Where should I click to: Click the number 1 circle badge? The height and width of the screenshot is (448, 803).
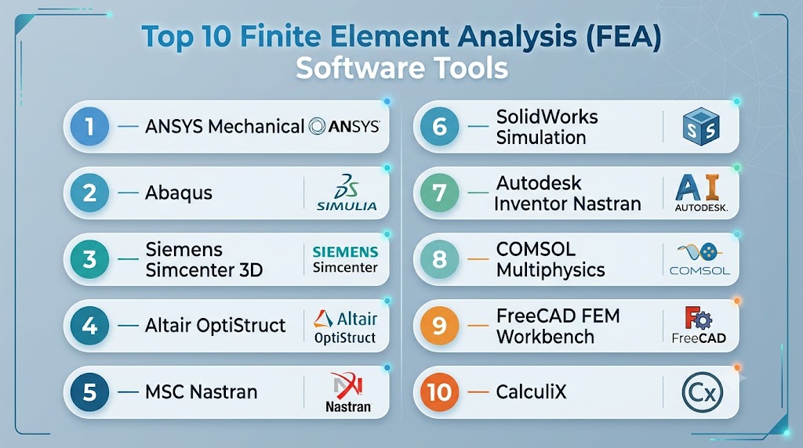pos(89,126)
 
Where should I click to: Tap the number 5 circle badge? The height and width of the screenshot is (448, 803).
pos(89,392)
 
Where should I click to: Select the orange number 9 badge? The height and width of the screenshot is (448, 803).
pos(439,326)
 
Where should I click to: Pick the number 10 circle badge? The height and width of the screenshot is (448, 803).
pos(439,392)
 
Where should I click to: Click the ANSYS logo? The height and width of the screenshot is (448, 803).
pos(344,126)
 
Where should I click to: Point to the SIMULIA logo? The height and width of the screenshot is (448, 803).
pos(347,193)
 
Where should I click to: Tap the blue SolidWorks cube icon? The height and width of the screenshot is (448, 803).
pos(701,126)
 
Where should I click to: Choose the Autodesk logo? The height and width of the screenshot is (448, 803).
pos(701,193)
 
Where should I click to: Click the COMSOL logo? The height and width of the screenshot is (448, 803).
pos(699,259)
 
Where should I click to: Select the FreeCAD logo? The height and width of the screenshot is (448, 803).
pos(699,325)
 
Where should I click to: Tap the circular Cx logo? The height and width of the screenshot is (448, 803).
pos(702,392)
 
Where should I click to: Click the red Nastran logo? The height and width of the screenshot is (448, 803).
pos(347,392)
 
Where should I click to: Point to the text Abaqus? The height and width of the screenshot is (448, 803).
pos(178,193)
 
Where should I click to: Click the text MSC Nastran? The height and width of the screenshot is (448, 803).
pos(202,392)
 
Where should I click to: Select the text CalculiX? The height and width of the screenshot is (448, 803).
pos(531,392)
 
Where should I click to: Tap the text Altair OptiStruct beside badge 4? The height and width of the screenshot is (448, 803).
pos(215,326)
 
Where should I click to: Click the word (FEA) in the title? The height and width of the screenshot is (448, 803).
pos(624,38)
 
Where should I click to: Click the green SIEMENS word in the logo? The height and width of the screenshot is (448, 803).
pos(345,251)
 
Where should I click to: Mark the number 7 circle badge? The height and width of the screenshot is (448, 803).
pos(439,193)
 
